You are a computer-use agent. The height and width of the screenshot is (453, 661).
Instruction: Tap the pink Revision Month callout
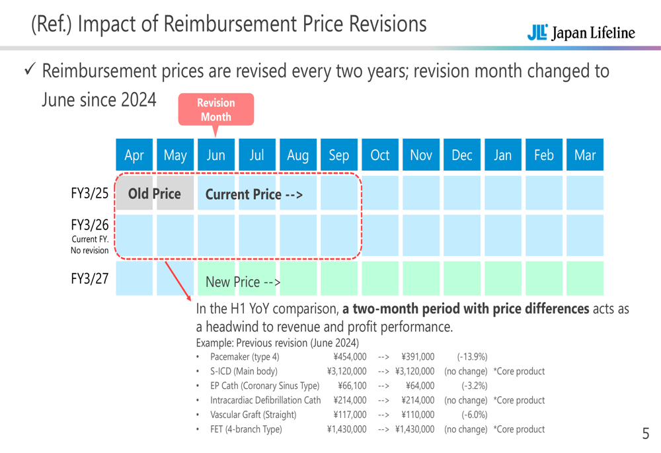point(216,110)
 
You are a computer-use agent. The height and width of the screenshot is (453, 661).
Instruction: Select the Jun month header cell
point(216,155)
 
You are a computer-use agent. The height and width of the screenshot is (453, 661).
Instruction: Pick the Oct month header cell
point(380,155)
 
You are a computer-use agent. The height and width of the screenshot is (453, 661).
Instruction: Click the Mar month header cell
point(585,155)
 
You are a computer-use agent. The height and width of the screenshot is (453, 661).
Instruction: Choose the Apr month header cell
point(134,155)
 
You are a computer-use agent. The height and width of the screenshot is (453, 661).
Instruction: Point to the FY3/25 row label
point(89,193)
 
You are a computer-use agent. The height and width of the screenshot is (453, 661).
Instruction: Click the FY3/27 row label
point(89,278)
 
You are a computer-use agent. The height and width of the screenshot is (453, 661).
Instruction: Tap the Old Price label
point(154,194)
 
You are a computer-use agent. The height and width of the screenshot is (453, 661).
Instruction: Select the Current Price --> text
point(254,194)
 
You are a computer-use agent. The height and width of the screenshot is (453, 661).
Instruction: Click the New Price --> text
point(243,282)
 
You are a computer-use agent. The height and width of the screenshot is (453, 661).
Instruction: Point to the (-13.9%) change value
point(472,356)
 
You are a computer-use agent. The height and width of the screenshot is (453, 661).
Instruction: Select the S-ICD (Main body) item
point(243,371)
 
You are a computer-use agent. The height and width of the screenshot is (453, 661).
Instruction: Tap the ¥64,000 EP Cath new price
point(419,386)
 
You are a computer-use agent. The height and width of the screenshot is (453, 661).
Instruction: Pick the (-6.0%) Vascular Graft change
point(474,415)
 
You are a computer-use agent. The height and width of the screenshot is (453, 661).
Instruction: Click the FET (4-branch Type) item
point(245,429)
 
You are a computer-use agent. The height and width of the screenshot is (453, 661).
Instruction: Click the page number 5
point(646,434)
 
